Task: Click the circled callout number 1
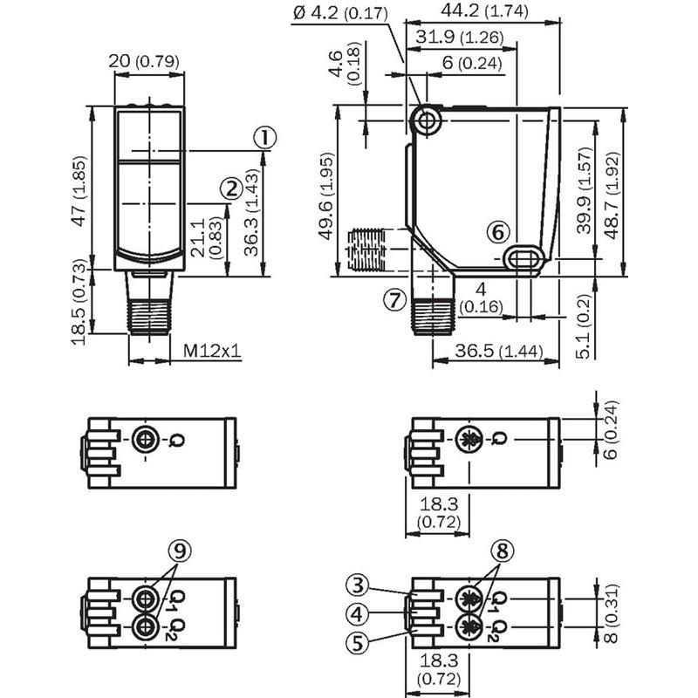coord(265,138)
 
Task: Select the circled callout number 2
coord(231,188)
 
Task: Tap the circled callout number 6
coord(497,232)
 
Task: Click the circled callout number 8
coord(503,551)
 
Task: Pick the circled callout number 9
coord(180,551)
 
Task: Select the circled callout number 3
coord(359,585)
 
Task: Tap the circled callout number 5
coord(358,643)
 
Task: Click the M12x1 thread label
coord(212,352)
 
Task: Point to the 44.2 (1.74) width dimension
coord(485,10)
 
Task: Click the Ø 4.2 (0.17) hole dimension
coord(340,13)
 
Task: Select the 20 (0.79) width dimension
coord(144,61)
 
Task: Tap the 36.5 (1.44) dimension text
coord(499,351)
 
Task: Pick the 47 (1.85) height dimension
coord(79,191)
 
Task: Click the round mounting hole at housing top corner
coord(427,120)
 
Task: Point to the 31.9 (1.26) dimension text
coord(460,37)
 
